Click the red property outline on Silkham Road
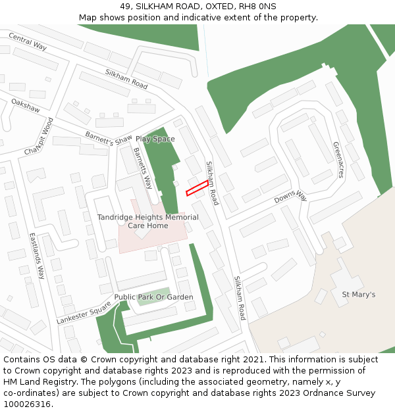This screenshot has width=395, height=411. pos(197,189)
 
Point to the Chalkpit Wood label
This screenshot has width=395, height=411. pos(38,136)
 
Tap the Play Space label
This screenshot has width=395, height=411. pos(155,139)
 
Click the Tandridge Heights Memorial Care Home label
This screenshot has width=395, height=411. pos(147,221)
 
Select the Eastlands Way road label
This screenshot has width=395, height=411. pos(37,255)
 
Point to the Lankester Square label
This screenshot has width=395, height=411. pos(84,312)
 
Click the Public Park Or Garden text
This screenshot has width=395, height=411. pos(154,297)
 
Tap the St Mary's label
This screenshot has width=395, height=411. pos(358,294)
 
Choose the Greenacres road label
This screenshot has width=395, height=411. pos(338,160)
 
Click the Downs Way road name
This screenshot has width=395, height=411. pos(291,196)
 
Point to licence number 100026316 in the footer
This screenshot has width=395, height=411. pos(26,404)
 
